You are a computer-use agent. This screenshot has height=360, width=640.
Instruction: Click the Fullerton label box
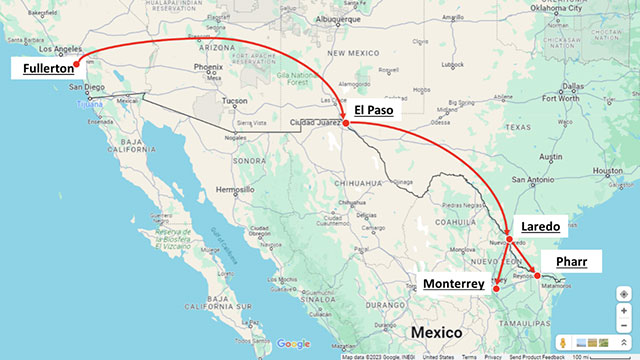(x=41, y=68)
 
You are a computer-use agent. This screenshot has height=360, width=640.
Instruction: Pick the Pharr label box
(x=578, y=263)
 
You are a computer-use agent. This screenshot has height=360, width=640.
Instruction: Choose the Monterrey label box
(x=457, y=284)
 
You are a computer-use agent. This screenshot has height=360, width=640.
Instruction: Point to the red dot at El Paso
(x=345, y=124)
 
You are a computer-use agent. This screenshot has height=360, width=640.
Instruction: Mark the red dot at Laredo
(x=509, y=240)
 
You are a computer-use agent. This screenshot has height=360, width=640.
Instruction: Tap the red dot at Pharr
(x=537, y=274)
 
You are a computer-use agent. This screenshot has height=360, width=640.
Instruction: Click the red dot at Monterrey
(x=496, y=289)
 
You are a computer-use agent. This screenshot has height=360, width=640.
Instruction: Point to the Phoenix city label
(x=208, y=68)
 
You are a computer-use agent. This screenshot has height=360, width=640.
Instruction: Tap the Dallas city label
(x=572, y=86)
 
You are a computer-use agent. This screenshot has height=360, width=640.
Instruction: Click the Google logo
(x=294, y=343)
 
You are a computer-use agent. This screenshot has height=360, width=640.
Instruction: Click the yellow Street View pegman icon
(x=564, y=343)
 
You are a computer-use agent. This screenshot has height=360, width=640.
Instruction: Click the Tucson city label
(x=236, y=100)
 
